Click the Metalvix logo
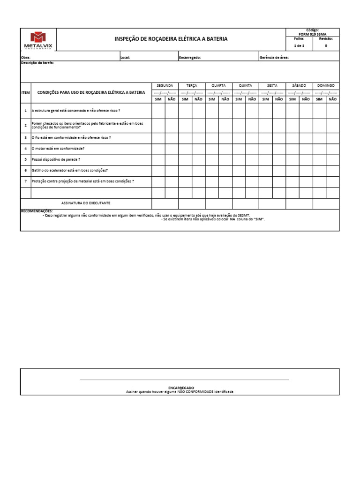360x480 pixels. tap(38, 40)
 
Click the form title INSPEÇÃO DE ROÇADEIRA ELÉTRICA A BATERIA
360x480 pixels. tap(171, 39)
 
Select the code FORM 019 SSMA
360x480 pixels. tap(312, 34)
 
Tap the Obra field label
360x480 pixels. tap(26, 57)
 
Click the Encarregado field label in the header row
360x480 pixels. tap(190, 57)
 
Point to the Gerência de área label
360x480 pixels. tap(274, 57)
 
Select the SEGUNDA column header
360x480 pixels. tap(165, 86)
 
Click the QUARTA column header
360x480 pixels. tap(218, 86)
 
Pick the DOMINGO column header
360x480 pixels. tap(326, 86)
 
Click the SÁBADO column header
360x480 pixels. tap(299, 86)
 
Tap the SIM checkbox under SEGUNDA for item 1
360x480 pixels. tap(158, 111)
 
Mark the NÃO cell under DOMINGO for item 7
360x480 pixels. tap(333, 182)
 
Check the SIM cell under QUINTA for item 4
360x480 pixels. tap(239, 149)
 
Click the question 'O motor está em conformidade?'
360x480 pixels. tap(58, 149)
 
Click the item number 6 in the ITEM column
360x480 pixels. tap(26, 171)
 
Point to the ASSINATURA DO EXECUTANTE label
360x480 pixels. tap(86, 203)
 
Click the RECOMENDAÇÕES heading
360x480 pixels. tap(37, 211)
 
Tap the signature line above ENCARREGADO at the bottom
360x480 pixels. tap(184, 379)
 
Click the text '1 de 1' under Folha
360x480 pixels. tap(299, 46)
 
